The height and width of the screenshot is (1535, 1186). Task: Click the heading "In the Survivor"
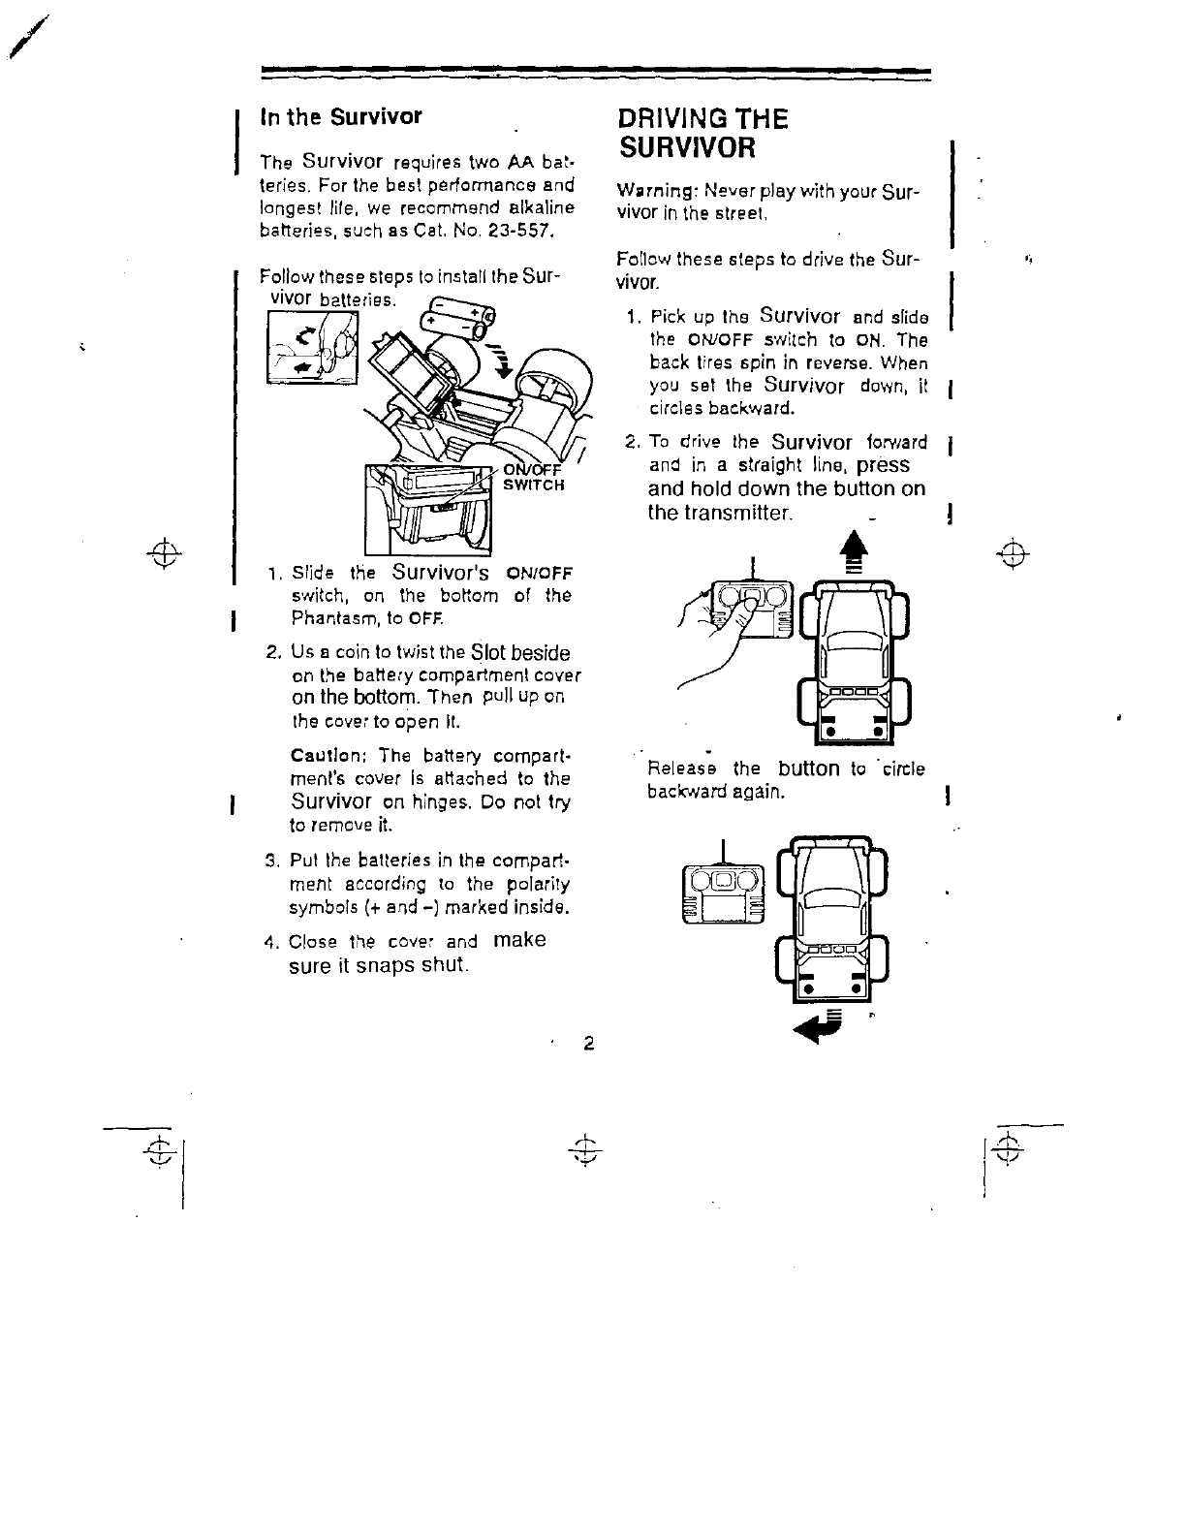(x=340, y=117)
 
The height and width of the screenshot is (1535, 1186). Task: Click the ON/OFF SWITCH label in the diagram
(x=532, y=476)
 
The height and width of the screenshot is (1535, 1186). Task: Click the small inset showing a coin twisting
(x=312, y=348)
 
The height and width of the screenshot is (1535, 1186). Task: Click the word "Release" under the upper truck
(x=684, y=769)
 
